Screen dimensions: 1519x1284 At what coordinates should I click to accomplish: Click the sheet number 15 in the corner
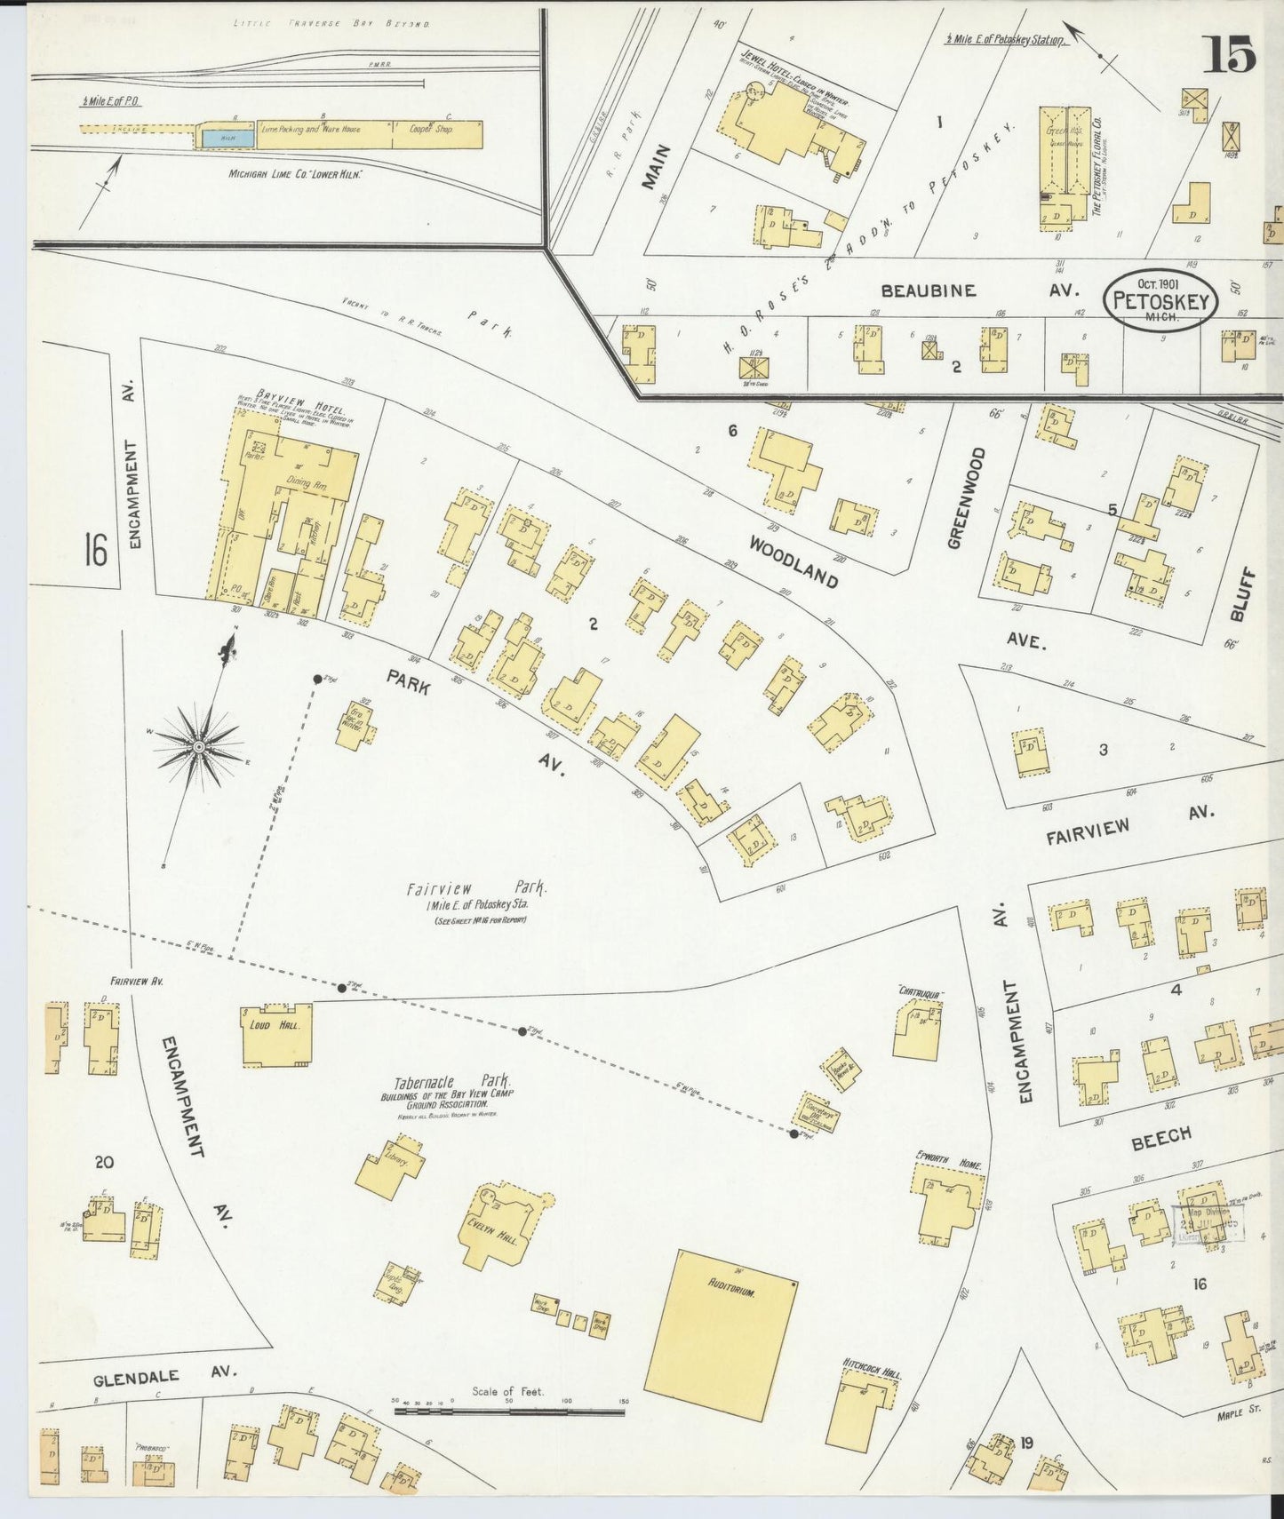1230,54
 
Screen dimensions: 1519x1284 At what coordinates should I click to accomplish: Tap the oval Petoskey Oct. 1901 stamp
1161,301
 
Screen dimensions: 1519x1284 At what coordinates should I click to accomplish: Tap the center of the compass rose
199,747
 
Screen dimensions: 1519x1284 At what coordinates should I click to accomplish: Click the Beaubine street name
928,290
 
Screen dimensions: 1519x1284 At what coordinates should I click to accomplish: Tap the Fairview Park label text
477,888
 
